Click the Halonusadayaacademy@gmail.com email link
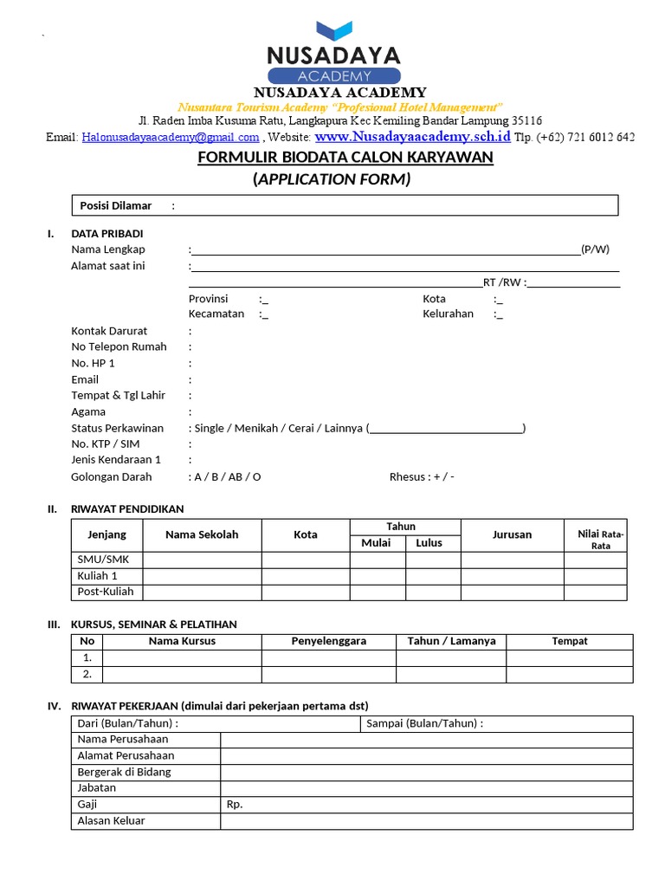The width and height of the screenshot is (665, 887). [x=171, y=137]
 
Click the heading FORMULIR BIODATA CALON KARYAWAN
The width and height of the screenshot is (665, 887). [x=345, y=157]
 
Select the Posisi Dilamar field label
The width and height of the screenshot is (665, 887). [x=116, y=205]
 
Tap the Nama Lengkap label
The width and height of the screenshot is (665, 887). [x=108, y=249]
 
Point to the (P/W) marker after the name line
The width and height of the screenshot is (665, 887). [x=595, y=249]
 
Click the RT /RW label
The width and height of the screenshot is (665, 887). [x=502, y=282]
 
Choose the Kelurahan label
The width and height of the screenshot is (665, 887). [x=448, y=314]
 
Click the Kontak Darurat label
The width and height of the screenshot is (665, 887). [x=109, y=331]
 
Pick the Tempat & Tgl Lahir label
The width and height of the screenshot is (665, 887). [x=118, y=396]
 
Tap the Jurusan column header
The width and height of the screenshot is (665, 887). [x=512, y=534]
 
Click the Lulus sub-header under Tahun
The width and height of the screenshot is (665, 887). [x=429, y=543]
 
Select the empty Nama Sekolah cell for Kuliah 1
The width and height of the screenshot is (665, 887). [x=202, y=576]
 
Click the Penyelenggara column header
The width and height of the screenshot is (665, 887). [x=328, y=641]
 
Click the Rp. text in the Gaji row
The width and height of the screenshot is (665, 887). [x=235, y=804]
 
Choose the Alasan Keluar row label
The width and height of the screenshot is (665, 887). [x=111, y=820]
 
